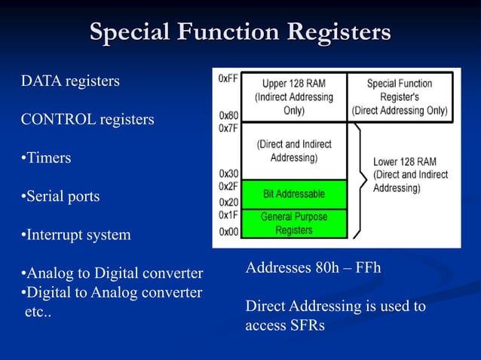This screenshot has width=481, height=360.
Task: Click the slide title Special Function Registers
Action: click(x=240, y=33)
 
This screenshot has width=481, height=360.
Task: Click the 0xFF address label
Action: click(x=228, y=78)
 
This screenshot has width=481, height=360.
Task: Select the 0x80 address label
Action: click(x=228, y=116)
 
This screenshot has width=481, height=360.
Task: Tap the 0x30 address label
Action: click(x=228, y=174)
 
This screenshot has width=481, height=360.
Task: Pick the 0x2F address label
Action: click(x=228, y=186)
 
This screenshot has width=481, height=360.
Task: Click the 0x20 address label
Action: click(x=228, y=202)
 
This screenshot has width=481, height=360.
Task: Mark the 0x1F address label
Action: click(x=228, y=215)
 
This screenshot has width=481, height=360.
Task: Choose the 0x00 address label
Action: click(x=228, y=232)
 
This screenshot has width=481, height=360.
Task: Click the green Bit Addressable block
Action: click(x=294, y=194)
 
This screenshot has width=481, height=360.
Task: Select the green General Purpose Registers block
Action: click(x=294, y=223)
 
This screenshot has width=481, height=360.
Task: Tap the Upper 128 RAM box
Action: click(x=294, y=96)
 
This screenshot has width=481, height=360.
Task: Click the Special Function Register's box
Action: click(x=400, y=96)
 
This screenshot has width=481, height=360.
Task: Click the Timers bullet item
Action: click(x=46, y=158)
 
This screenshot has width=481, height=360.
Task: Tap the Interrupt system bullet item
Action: click(x=75, y=236)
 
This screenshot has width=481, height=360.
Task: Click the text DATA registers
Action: click(x=70, y=81)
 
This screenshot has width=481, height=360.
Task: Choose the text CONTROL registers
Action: click(x=87, y=120)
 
